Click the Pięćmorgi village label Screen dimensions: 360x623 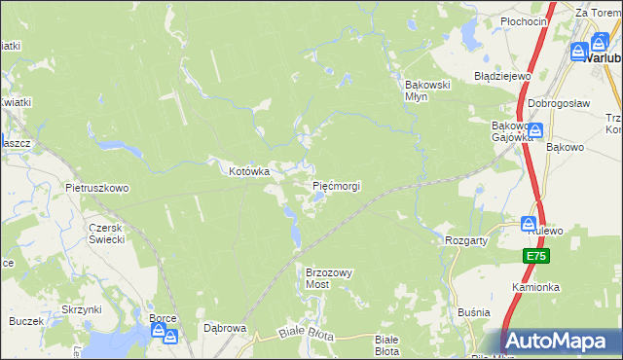point(336,185)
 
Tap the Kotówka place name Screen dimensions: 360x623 point(248,171)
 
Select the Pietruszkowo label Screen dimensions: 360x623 point(96,188)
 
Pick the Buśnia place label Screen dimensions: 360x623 point(472,314)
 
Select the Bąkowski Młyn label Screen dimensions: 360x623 point(427,90)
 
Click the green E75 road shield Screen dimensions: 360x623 point(535,256)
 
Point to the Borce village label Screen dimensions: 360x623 point(163,318)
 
